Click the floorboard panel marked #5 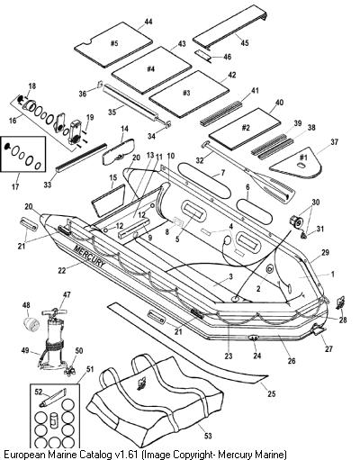coord(114,45)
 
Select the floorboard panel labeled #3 coord(189,94)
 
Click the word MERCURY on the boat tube coord(90,256)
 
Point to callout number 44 coord(148,22)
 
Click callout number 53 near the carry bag coord(208,436)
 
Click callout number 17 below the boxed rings coord(15,186)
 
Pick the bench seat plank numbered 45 coord(230,30)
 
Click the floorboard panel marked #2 coord(245,129)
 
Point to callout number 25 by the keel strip coord(271,393)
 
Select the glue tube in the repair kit coord(52,398)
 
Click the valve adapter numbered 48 coord(31,324)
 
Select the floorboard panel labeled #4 coord(151,69)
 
